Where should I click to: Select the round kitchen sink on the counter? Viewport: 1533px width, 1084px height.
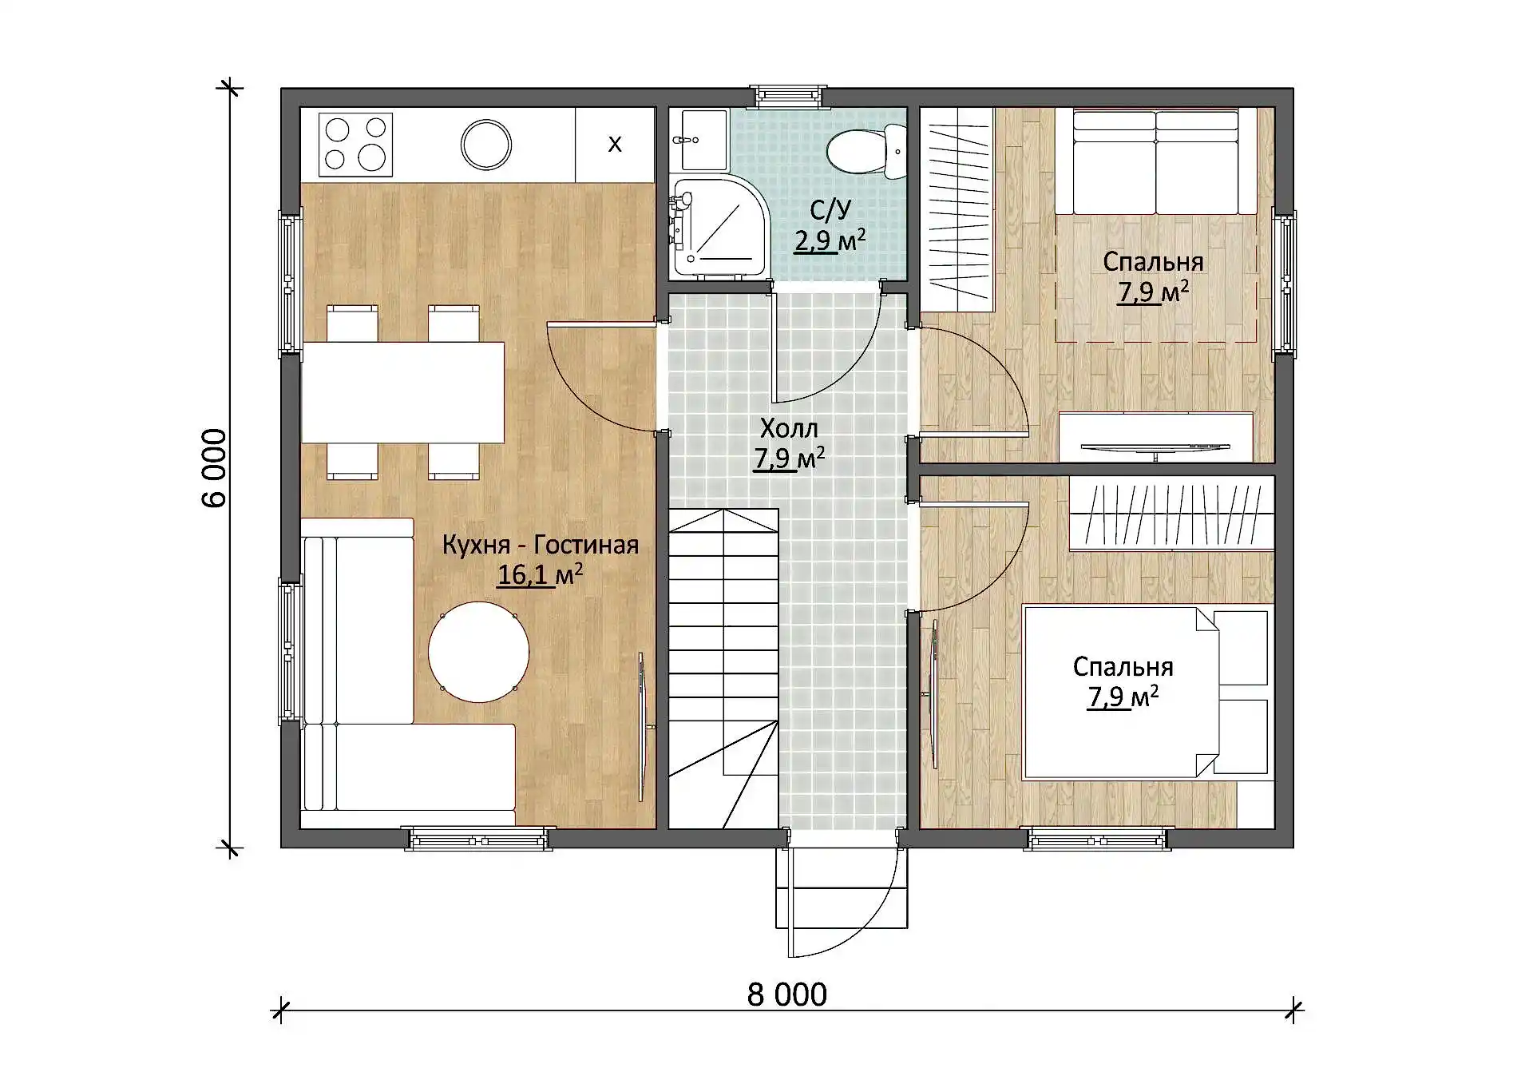coord(486,145)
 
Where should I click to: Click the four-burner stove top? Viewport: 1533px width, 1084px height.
coord(355,145)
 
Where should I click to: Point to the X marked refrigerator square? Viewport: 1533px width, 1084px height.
coord(615,145)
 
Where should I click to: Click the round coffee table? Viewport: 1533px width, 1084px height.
coord(478,652)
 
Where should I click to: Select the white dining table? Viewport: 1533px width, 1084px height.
coord(402,392)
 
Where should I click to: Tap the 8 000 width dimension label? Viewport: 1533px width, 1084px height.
coord(787,995)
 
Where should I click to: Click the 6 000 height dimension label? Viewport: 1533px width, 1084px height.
coord(214,468)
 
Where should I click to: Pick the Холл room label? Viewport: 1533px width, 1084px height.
coord(789,429)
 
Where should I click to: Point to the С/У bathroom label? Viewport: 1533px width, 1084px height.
coord(830,210)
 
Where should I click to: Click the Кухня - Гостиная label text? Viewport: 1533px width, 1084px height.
coord(541,545)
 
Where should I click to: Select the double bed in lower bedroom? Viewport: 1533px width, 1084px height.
coord(1146,692)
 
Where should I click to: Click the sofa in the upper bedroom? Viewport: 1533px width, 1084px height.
coord(1156,161)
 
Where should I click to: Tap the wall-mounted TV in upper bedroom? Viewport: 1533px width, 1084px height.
coord(1155,448)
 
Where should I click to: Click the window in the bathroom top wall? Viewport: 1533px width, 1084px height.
coord(789,97)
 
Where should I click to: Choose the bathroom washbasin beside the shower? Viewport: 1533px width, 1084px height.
coord(699,140)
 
